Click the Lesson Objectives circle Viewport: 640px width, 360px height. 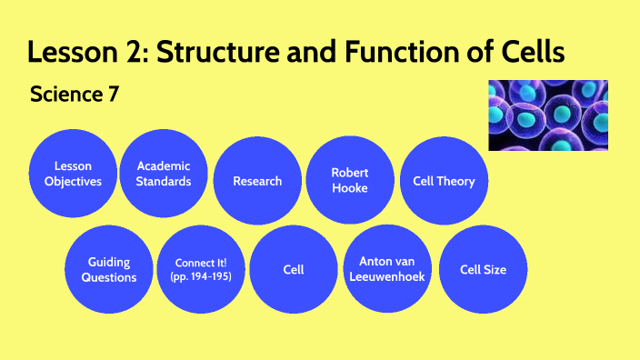73,173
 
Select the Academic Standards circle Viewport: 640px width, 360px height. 165,173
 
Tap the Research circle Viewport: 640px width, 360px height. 257,181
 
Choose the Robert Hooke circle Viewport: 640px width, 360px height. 350,180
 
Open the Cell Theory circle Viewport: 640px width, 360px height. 444,181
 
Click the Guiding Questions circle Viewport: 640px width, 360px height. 109,269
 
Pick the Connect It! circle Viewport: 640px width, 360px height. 202,269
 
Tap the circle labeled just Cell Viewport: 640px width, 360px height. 294,270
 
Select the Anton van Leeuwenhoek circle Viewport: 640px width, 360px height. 386,269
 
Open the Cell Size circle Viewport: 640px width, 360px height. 483,270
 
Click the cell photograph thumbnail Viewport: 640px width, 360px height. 548,115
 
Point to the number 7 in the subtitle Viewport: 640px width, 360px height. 113,94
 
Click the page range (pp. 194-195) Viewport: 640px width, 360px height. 202,276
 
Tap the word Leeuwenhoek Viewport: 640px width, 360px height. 386,277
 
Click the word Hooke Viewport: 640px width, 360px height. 350,188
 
